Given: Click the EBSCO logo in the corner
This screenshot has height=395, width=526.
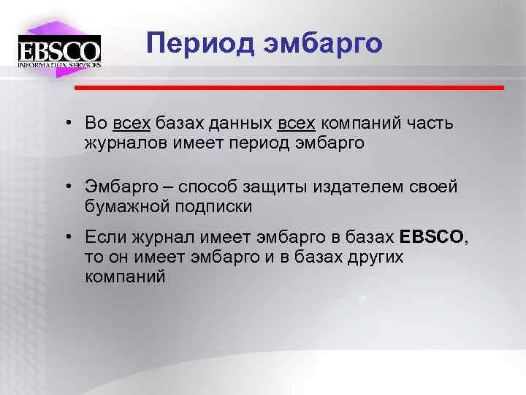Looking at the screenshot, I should point(59,49).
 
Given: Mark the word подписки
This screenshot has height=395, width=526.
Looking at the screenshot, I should point(214,206).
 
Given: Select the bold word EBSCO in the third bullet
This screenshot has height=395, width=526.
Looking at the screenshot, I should point(432,238).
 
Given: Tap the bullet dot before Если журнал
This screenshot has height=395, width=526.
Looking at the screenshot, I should point(66,238).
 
